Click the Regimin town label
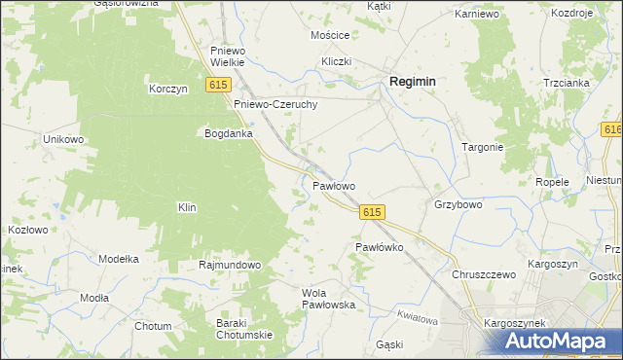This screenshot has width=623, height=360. point(412,83)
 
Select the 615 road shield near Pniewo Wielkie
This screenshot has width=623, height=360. point(217,87)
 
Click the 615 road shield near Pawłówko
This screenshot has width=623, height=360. point(372,212)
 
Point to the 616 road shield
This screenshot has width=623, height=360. point(612,130)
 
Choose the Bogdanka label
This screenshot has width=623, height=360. point(228,133)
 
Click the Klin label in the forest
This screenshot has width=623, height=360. point(187,207)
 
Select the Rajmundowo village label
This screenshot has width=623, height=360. point(230,265)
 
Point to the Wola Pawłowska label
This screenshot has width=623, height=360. point(329,298)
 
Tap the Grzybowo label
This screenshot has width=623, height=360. point(458,205)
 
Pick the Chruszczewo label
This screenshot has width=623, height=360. point(483,274)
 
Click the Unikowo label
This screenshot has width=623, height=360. point(64,139)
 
